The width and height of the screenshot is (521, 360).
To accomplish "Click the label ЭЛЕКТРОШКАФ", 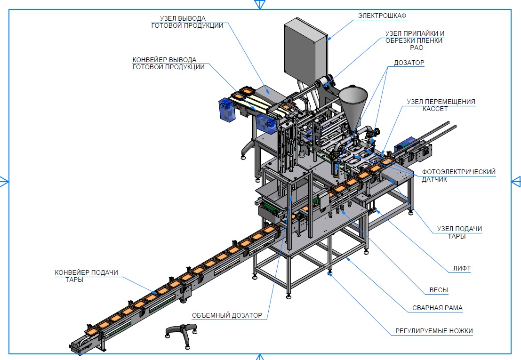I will pyautogui.click(x=382, y=16).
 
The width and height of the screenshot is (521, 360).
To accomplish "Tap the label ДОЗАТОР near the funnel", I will pyautogui.click(x=409, y=62).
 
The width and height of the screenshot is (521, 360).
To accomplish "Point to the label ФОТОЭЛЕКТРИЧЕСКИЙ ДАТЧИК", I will pyautogui.click(x=458, y=176).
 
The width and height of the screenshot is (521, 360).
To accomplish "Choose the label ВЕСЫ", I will pyautogui.click(x=439, y=290).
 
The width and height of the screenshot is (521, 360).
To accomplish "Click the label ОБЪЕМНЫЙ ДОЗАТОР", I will pyautogui.click(x=227, y=315).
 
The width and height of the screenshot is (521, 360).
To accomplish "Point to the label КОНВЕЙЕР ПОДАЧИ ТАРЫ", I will pyautogui.click(x=86, y=276).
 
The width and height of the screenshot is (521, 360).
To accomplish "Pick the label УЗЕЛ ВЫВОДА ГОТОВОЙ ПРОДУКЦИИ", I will pyautogui.click(x=187, y=22).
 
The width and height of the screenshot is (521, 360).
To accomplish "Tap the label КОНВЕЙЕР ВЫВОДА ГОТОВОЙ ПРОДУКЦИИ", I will pyautogui.click(x=168, y=64).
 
